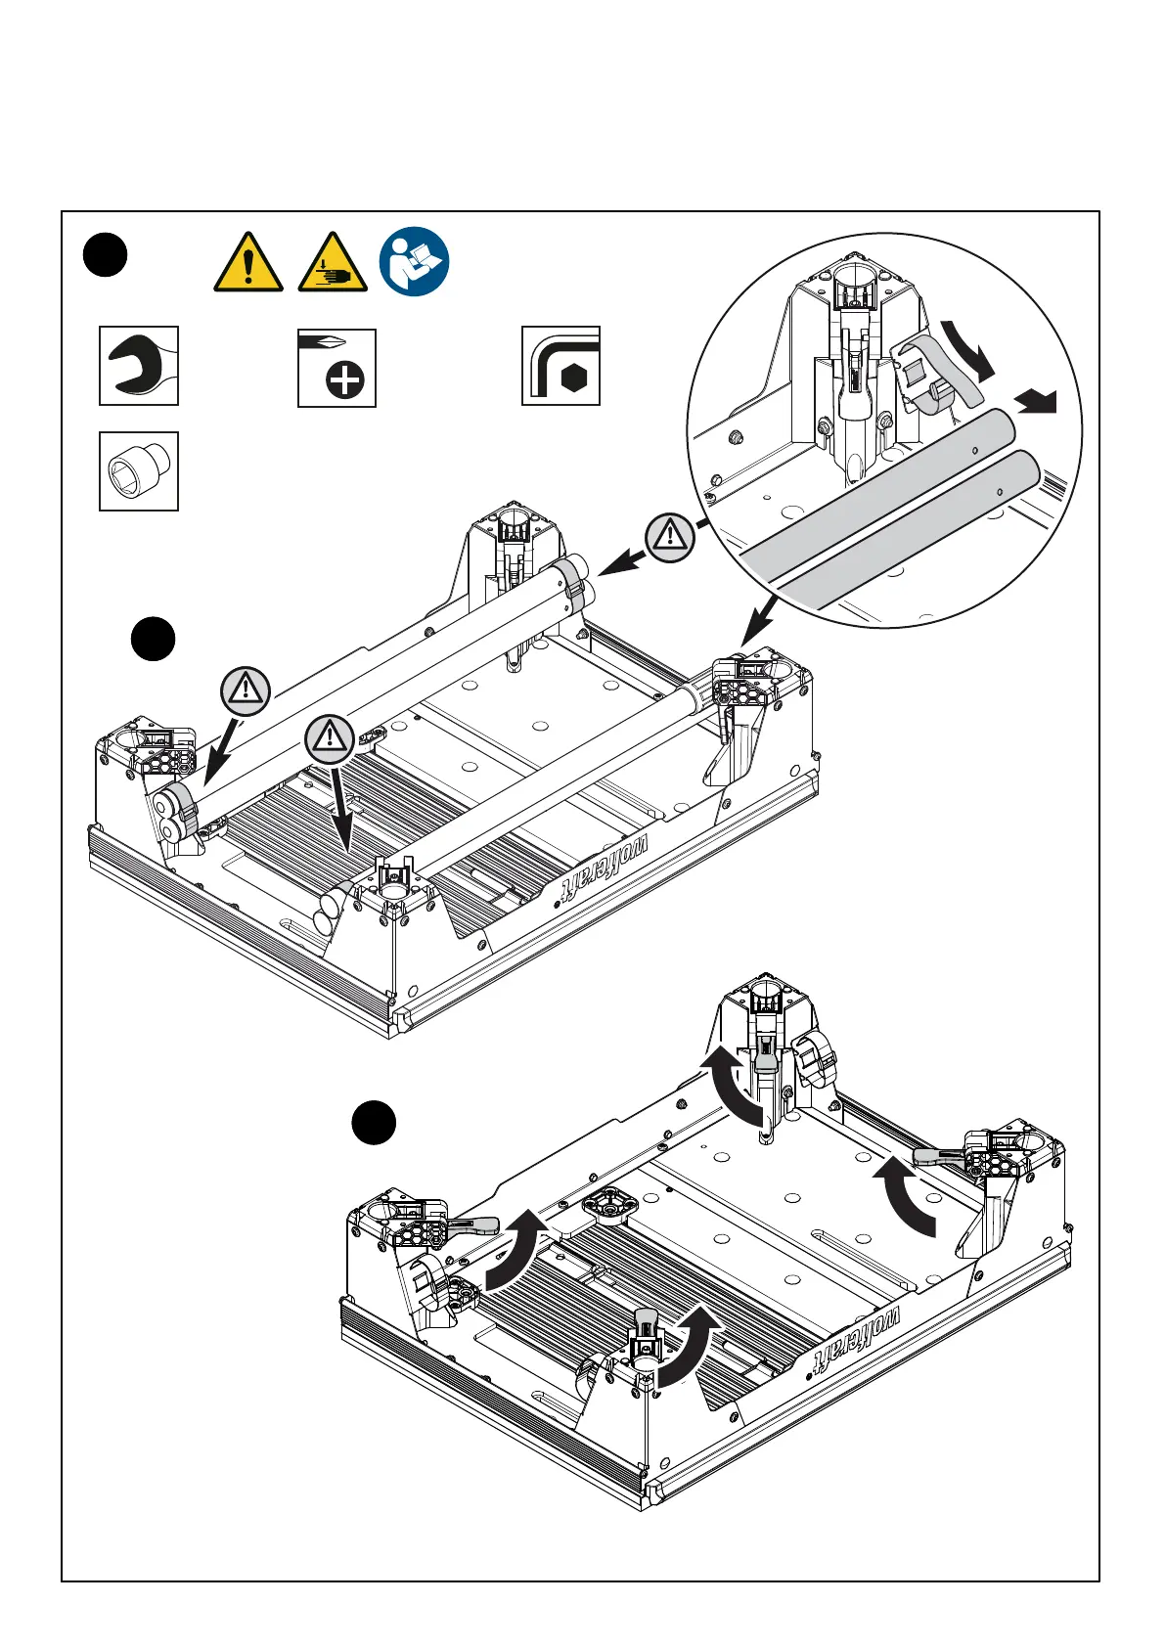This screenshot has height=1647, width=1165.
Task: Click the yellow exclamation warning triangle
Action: coord(248,262)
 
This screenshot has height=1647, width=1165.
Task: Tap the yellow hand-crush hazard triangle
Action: coord(333,262)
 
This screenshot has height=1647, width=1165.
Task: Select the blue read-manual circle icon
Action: coord(414,262)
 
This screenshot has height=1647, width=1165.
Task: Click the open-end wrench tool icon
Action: coord(139,366)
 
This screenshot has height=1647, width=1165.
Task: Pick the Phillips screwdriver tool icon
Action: coord(336,368)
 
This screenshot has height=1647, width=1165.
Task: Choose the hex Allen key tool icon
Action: coord(560,366)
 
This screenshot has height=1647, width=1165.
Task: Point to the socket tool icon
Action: coord(139,471)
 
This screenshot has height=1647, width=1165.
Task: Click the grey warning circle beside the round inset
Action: coord(670,537)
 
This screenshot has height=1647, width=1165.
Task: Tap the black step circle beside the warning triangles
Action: coord(105,254)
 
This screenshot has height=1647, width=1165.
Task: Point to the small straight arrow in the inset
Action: coord(1037,399)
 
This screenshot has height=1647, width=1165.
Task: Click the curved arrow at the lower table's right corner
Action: coord(904,1195)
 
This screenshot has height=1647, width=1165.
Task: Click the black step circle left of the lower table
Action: coord(374,1123)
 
